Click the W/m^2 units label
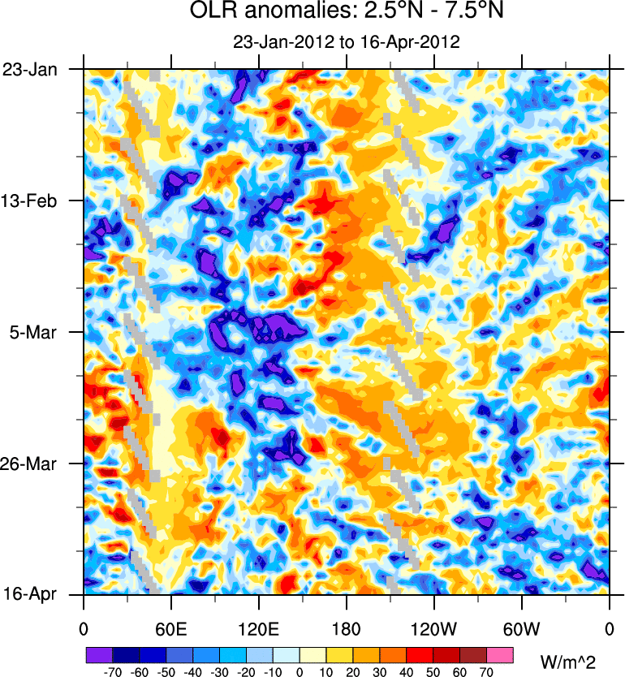[573, 655]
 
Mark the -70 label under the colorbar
[111, 671]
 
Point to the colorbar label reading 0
[299, 671]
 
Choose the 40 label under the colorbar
[406, 671]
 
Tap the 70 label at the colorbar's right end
[486, 671]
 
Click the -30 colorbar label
[218, 671]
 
